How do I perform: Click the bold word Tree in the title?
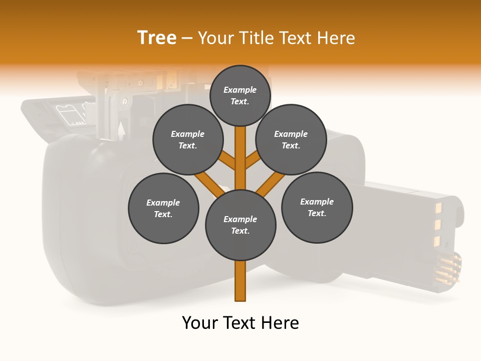(x=157, y=38)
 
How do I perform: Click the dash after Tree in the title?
(x=187, y=39)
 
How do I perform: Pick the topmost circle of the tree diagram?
(x=240, y=95)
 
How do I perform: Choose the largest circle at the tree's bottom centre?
(x=241, y=225)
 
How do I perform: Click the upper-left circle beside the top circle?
(x=188, y=140)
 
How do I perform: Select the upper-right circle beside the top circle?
(x=291, y=140)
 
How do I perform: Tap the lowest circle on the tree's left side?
(x=163, y=208)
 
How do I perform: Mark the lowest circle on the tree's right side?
(x=317, y=207)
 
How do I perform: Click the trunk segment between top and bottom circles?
(x=241, y=158)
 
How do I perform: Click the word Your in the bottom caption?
(x=199, y=323)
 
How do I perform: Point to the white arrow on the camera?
(x=121, y=130)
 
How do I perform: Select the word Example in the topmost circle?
(x=240, y=90)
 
